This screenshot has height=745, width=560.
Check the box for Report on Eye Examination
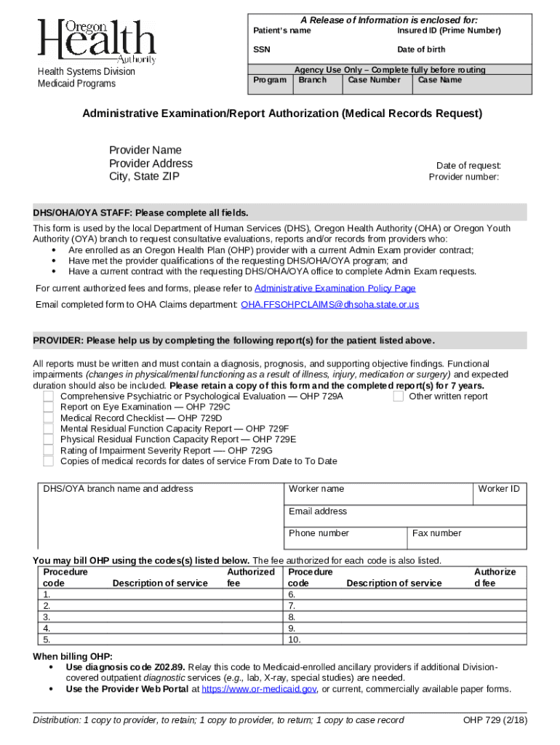(x=48, y=407)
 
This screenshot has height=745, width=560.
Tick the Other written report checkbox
(x=399, y=397)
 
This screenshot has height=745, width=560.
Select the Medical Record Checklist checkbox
(x=48, y=418)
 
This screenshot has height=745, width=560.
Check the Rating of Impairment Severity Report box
(x=48, y=450)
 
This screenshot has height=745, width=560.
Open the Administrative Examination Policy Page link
(x=335, y=288)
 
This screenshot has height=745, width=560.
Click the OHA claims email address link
(x=329, y=305)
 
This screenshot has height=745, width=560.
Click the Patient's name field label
(x=281, y=31)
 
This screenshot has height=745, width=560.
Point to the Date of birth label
(x=421, y=49)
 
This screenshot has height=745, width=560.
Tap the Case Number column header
(x=374, y=80)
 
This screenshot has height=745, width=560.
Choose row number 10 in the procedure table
(x=294, y=640)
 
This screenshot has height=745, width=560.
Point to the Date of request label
(x=468, y=166)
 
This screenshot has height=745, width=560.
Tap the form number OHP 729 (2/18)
(x=495, y=720)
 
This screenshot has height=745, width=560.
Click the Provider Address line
(x=151, y=164)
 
